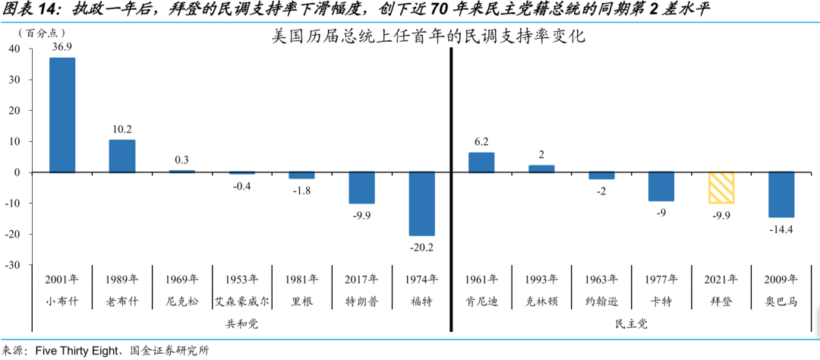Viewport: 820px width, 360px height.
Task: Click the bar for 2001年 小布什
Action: tap(62, 115)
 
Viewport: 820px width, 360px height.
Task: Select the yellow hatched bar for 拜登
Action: tap(721, 188)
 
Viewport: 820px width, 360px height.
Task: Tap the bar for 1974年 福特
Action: tap(422, 204)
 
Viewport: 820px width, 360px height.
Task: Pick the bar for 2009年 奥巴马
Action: tap(781, 194)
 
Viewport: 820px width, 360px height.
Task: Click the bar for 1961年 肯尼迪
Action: tap(481, 163)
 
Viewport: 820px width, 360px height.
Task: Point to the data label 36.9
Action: tap(62, 47)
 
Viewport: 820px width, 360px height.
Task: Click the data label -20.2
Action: tap(422, 246)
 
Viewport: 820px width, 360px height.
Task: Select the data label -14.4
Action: tap(781, 229)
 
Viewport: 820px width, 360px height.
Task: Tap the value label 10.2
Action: tap(121, 129)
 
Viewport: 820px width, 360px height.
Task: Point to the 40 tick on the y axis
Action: tap(14, 49)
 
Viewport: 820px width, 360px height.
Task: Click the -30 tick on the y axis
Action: tap(13, 265)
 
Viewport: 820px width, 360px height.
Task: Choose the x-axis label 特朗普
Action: tap(362, 302)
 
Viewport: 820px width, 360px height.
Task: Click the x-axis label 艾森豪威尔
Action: tap(242, 302)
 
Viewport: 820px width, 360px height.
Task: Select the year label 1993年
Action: tap(541, 279)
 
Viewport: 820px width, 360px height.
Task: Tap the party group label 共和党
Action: tap(242, 323)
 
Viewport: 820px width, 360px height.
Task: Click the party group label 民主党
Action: tap(631, 323)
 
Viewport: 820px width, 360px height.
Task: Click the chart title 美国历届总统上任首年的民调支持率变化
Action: tap(428, 36)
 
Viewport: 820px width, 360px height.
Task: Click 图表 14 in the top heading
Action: tap(32, 10)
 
